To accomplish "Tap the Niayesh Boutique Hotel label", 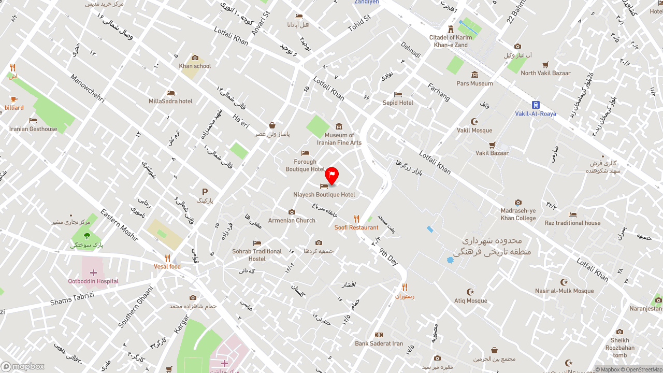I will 324,195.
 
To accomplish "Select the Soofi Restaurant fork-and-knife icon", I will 356,219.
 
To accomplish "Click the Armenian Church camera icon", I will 292,212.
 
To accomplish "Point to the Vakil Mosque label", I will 474,131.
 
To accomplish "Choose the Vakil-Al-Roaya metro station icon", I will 536,105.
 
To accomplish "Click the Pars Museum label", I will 474,83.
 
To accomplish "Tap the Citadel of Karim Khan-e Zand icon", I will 451,29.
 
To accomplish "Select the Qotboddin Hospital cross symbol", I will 93,272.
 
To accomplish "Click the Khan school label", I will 195,66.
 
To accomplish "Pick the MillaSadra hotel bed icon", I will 170,93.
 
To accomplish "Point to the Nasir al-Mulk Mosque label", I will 564,291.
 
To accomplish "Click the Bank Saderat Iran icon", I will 379,335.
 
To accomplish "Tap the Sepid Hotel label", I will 398,103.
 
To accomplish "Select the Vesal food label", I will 167,267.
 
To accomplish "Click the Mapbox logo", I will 23,366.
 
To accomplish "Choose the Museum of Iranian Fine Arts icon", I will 339,126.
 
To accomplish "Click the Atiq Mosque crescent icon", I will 470,292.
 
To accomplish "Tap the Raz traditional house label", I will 572,223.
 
